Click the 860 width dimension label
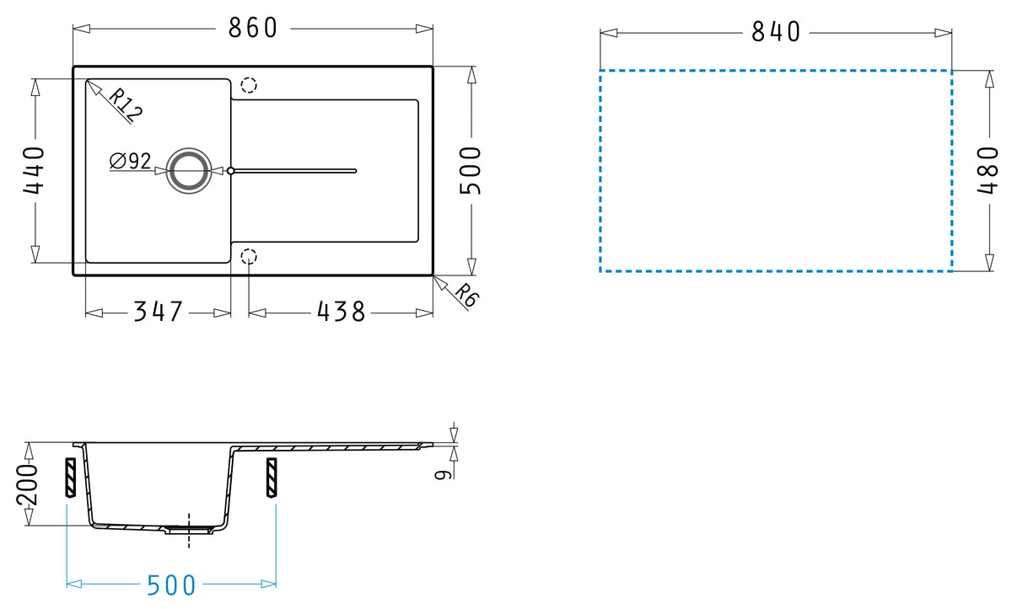252,28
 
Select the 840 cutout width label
776,32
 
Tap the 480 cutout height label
988,170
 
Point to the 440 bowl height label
34,170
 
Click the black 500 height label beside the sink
471,170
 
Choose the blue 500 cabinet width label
171,585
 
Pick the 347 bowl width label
159,312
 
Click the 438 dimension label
341,312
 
